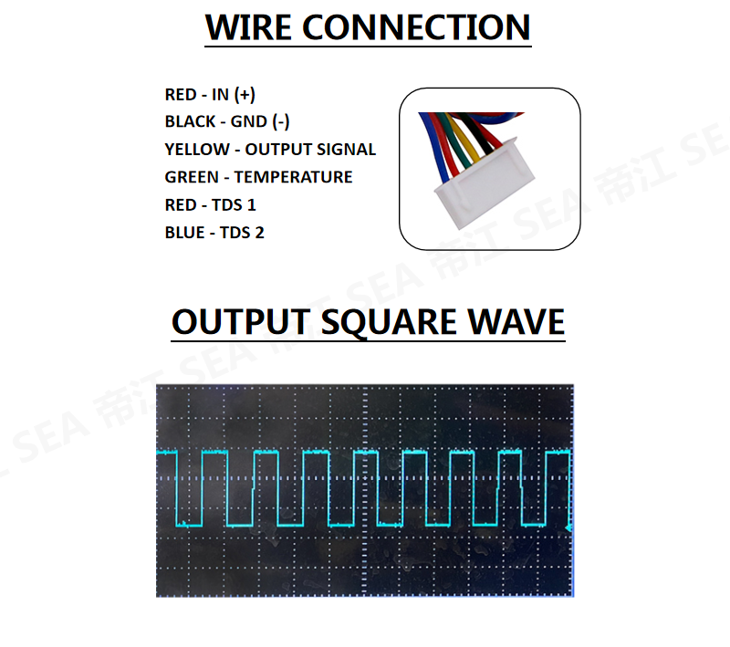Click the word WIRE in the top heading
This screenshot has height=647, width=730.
coord(249,27)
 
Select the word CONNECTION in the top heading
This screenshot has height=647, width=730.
coord(416,27)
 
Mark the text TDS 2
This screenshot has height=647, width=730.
coord(242,233)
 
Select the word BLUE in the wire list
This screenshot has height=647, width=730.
coord(185,233)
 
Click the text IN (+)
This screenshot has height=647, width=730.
coord(233,94)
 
